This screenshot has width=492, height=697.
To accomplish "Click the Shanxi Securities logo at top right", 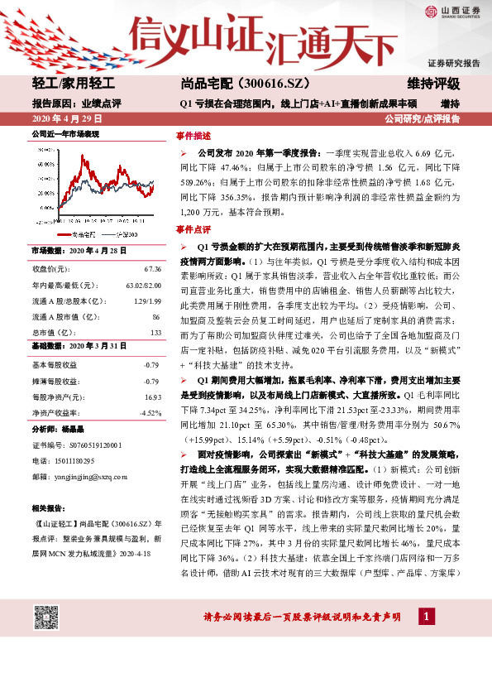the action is (x=454, y=12).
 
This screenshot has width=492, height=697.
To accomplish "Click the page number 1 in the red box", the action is (x=424, y=617).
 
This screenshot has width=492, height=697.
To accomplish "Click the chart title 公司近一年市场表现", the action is (x=64, y=132).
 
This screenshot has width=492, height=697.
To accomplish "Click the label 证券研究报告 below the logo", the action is (x=453, y=64).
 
